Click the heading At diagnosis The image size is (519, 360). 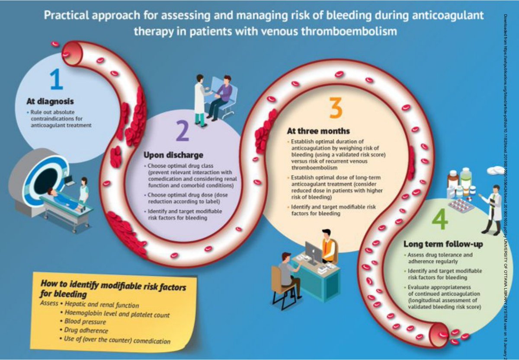pos(50,102)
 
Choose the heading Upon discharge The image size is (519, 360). pos(173,155)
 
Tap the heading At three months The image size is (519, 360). pos(318,131)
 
